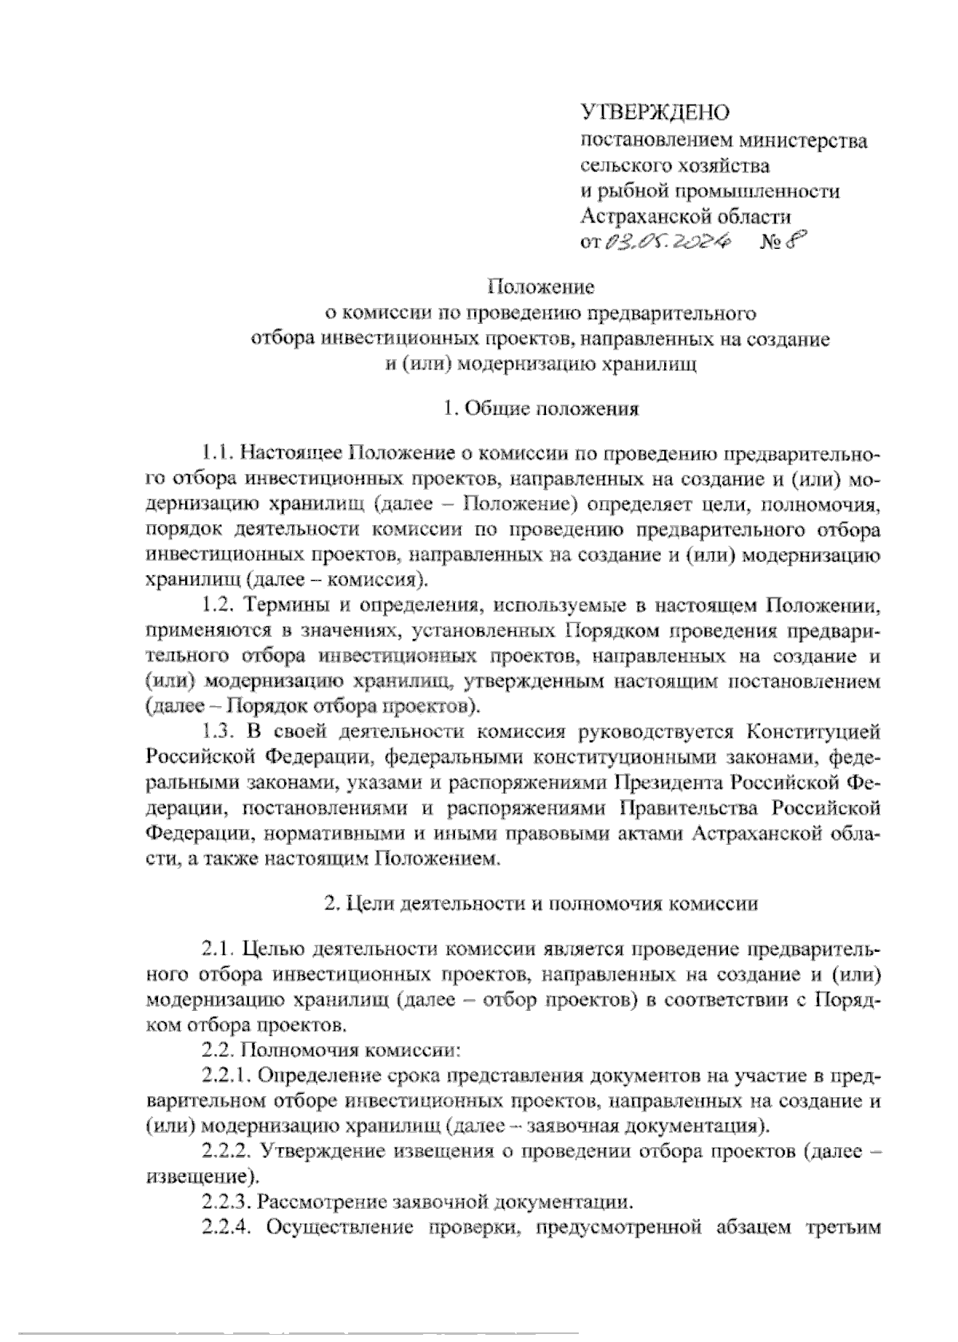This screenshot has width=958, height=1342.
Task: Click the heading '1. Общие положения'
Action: [541, 409]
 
